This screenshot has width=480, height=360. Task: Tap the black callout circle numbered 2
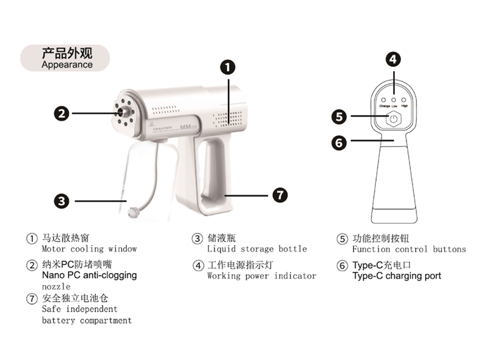click(x=61, y=112)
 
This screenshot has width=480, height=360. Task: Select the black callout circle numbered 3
click(x=61, y=200)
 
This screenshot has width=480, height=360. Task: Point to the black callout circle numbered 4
click(x=394, y=59)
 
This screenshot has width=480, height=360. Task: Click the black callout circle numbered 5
click(x=340, y=116)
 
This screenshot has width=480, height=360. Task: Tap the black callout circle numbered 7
click(x=279, y=195)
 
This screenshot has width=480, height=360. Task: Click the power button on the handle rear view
click(x=394, y=119)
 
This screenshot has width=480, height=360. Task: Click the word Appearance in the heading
click(x=67, y=64)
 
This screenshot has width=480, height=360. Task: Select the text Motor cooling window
click(x=89, y=249)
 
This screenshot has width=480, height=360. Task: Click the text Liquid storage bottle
click(x=256, y=249)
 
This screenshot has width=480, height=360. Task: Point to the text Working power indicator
click(x=261, y=276)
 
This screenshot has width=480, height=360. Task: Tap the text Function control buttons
click(x=408, y=249)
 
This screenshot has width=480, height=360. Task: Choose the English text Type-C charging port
click(x=396, y=276)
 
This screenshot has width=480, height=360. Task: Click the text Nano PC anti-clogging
click(x=89, y=275)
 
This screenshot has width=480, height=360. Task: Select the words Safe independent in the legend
click(x=75, y=310)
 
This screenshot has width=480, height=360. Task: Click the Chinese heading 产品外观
click(x=66, y=53)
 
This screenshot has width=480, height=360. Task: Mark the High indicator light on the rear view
click(x=404, y=99)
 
